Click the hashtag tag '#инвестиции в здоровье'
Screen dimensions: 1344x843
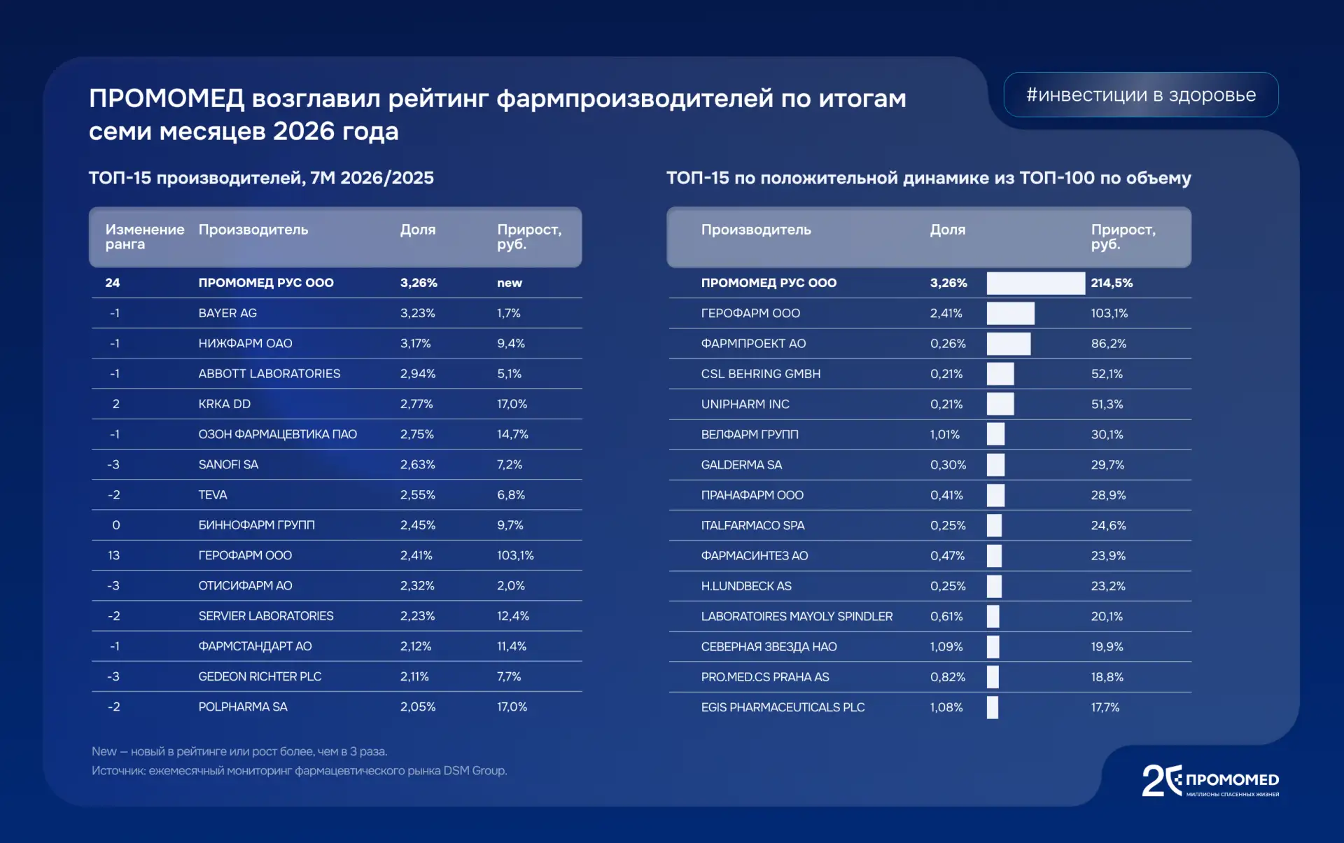(1140, 95)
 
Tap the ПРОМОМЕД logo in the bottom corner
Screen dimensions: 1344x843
(1210, 781)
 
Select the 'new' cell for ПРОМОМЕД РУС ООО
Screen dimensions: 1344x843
(510, 283)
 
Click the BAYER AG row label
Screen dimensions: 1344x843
(227, 313)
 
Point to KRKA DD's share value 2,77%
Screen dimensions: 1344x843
(416, 404)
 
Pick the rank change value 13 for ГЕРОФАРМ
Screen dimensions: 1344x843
(113, 555)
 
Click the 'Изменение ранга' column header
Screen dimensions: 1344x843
(145, 237)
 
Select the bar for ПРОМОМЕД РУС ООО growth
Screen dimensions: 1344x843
(1035, 283)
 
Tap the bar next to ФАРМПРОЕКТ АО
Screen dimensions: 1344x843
(1009, 344)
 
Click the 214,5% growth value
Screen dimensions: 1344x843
(1112, 283)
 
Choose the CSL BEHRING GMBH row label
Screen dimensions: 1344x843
(761, 374)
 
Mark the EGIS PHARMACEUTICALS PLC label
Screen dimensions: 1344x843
(783, 707)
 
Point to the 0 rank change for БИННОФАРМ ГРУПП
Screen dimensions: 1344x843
(116, 525)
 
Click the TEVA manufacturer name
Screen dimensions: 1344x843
(213, 495)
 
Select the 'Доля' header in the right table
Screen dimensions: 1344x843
(947, 230)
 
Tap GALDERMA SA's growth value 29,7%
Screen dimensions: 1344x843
(1107, 465)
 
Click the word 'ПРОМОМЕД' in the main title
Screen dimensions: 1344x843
(167, 99)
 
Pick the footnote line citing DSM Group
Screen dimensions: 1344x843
(300, 771)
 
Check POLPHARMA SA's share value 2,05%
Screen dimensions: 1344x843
(418, 707)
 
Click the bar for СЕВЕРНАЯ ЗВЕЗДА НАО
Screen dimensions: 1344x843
(993, 647)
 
